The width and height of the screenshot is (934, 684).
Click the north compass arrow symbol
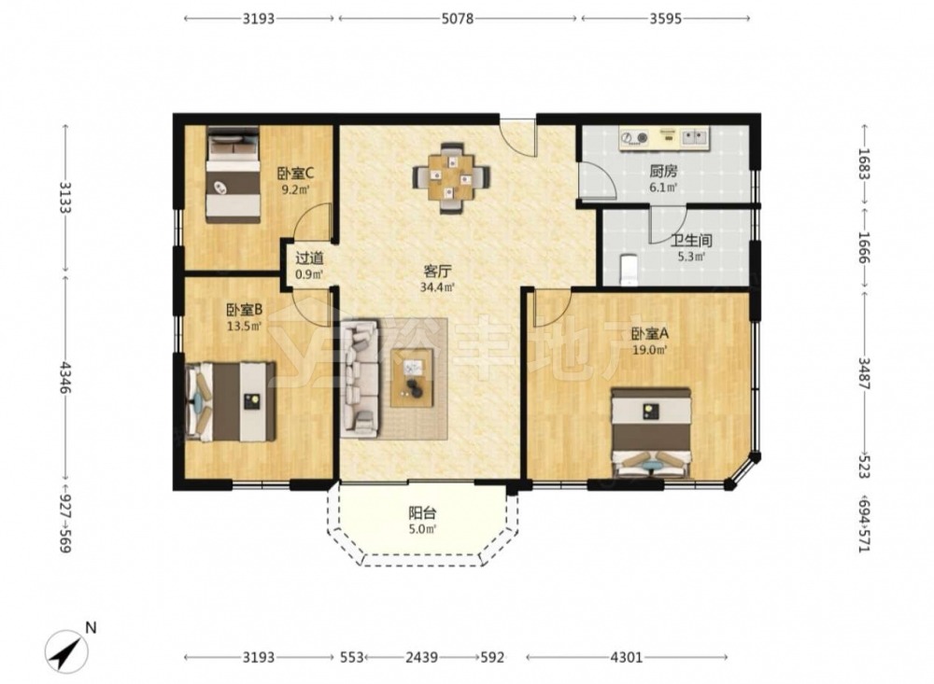tap(67, 651)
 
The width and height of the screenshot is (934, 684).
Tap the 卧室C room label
tap(295, 174)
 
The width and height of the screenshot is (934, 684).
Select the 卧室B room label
tap(244, 310)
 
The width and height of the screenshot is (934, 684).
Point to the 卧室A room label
tap(650, 334)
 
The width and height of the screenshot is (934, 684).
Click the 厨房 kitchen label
tap(663, 172)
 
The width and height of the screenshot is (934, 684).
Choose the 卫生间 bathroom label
tap(691, 241)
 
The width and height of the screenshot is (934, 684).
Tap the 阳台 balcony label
tap(422, 513)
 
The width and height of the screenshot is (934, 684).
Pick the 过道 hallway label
tap(310, 258)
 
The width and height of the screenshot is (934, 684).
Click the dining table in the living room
tap(452, 177)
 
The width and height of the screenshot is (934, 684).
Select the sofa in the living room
tap(360, 379)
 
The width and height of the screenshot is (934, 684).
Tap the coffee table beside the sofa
tap(412, 378)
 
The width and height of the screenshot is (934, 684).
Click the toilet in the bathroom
tap(629, 271)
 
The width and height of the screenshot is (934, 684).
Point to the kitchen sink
tap(694, 138)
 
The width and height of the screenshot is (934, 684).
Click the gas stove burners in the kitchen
tap(634, 138)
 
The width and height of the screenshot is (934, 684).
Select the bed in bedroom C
tap(233, 174)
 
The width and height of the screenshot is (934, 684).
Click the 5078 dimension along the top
tap(458, 19)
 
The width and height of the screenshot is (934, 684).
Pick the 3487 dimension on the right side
tap(864, 372)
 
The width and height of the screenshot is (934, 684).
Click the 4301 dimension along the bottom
tap(627, 657)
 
